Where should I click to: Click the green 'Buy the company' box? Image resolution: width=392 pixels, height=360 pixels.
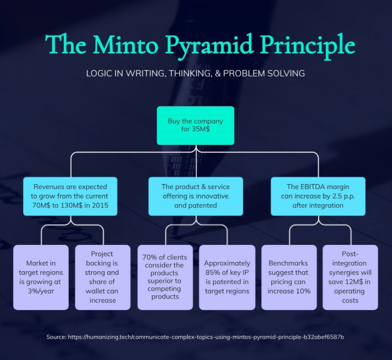[x=195, y=125]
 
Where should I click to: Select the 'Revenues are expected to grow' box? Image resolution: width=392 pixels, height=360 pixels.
[x=70, y=196]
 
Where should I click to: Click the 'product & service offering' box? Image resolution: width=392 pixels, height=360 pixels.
[x=195, y=196]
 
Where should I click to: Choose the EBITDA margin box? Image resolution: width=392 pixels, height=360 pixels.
[x=318, y=196]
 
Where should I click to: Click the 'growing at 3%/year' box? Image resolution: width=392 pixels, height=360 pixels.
[x=41, y=277]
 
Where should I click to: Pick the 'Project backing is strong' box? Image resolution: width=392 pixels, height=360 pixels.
[x=102, y=277]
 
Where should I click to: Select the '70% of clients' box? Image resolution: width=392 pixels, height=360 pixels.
[x=165, y=277]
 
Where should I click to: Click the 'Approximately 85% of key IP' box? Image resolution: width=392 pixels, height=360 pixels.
[x=227, y=277]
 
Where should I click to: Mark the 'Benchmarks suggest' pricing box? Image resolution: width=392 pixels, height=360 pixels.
[x=289, y=277]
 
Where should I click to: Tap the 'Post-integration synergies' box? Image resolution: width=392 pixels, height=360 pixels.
[x=350, y=277]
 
